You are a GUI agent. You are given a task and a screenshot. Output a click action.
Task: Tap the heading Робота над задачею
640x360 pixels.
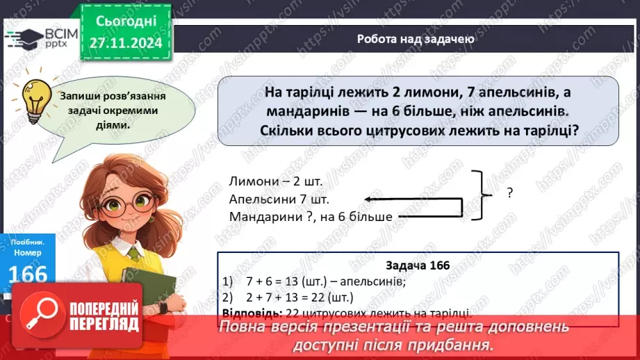point(416,40)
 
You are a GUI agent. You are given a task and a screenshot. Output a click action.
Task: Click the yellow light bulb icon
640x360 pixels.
point(35,99)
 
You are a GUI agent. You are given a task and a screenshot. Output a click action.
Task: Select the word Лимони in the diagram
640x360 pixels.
point(251,181)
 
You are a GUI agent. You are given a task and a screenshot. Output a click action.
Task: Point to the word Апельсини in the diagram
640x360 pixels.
point(258,199)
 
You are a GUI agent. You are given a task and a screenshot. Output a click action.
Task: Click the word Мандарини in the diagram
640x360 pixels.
point(261,217)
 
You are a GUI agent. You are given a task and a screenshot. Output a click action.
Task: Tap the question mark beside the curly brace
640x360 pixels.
point(510,194)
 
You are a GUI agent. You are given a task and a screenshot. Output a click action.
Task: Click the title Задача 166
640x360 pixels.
point(417,265)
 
